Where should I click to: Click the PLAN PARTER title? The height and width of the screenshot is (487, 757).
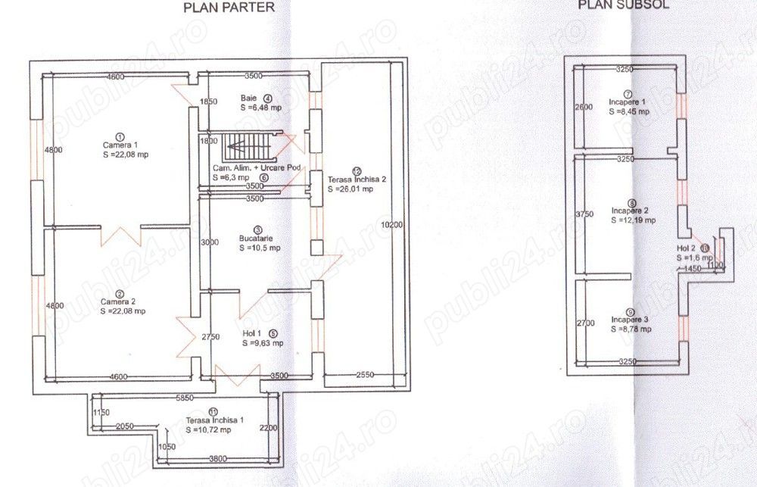point(229,8)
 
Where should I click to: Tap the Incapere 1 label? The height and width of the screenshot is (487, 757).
point(628,101)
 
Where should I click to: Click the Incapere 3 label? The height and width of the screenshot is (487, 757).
point(628,320)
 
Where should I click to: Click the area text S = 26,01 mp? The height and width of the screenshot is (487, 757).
point(351,189)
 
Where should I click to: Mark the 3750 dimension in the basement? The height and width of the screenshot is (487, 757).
point(584,214)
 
